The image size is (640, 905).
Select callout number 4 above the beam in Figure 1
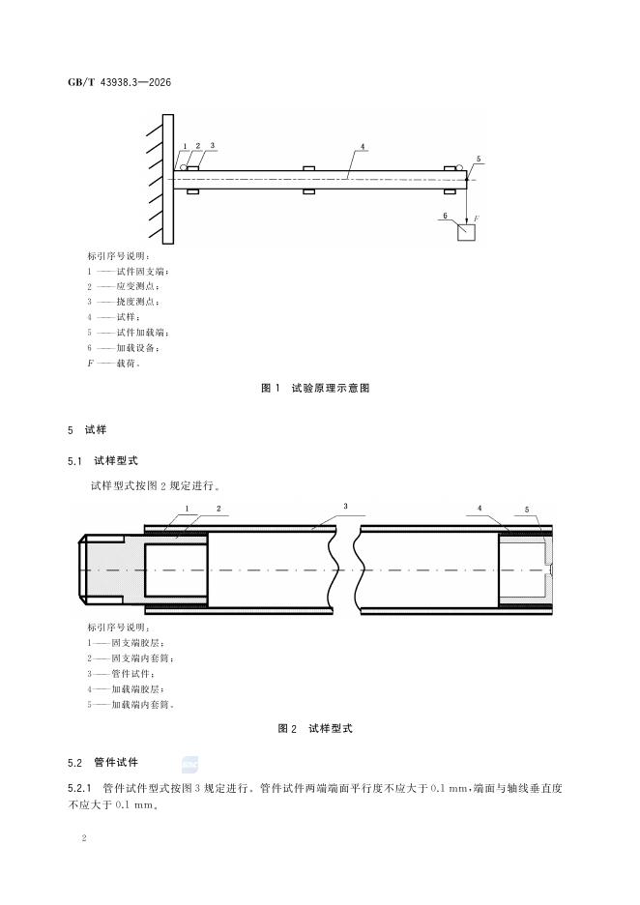tap(362, 147)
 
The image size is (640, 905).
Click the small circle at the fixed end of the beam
tap(183, 167)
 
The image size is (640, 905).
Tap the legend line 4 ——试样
tap(114, 317)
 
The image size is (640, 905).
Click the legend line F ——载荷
tap(114, 364)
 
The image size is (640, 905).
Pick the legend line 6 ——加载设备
tap(125, 348)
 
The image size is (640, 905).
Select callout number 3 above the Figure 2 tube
tap(345, 506)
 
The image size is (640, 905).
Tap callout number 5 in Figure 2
tap(526, 509)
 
